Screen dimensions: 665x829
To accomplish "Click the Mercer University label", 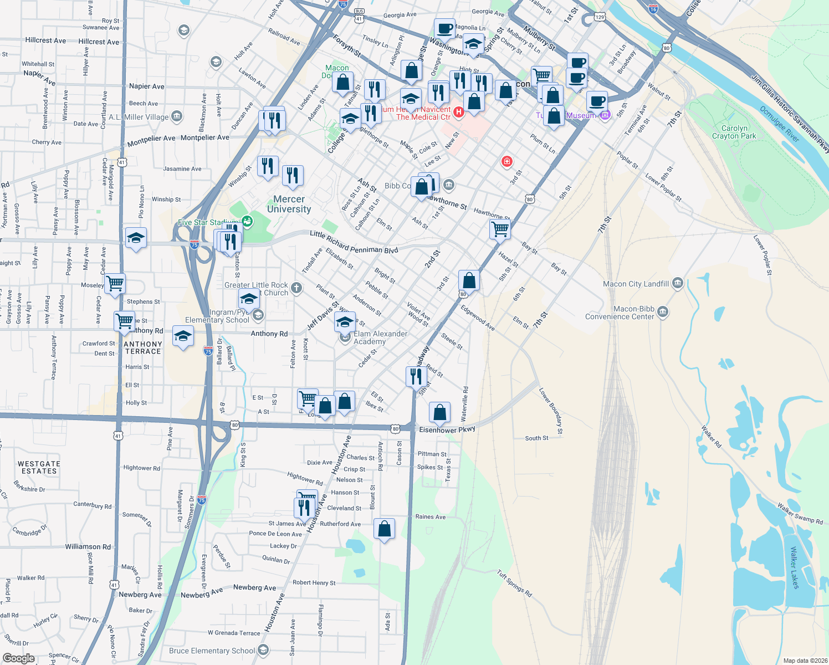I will click(289, 204).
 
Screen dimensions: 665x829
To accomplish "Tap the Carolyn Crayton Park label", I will click(734, 132).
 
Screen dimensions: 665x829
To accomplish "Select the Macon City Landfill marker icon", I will click(677, 283).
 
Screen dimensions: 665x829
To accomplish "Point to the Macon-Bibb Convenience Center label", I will click(620, 313).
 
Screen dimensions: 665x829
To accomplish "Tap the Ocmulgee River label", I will click(779, 124).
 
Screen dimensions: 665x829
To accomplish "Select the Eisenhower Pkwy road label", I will click(447, 429).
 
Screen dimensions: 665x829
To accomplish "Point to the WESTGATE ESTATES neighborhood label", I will click(39, 467).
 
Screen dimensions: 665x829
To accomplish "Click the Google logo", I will click(18, 658).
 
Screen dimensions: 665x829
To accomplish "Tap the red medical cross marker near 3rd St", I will click(506, 161).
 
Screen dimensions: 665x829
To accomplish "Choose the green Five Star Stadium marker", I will click(247, 222).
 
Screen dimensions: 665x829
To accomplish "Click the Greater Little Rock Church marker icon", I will click(296, 287).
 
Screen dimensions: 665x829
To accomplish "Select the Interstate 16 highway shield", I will click(653, 9).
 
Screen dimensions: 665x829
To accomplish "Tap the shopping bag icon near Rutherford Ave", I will click(384, 529).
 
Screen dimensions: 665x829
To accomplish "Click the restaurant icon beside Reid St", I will click(416, 376).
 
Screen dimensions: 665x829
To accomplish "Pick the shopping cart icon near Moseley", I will click(115, 283).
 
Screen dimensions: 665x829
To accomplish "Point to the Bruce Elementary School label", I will click(212, 651).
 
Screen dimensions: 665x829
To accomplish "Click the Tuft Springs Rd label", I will click(514, 584).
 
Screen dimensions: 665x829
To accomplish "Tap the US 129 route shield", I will click(600, 17).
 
